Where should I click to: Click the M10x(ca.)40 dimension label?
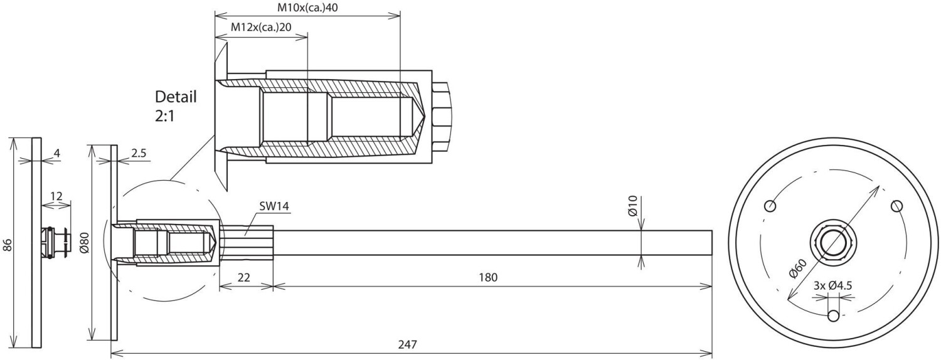(307, 8)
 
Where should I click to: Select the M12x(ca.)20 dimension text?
(262, 28)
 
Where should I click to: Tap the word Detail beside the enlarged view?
(176, 97)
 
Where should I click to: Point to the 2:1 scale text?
(164, 116)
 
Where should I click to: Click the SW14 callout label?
(274, 206)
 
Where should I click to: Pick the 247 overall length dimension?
(408, 344)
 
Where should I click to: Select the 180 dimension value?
(487, 277)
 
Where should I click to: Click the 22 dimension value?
(243, 277)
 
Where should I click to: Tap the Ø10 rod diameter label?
(633, 206)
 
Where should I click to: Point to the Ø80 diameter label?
(85, 243)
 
